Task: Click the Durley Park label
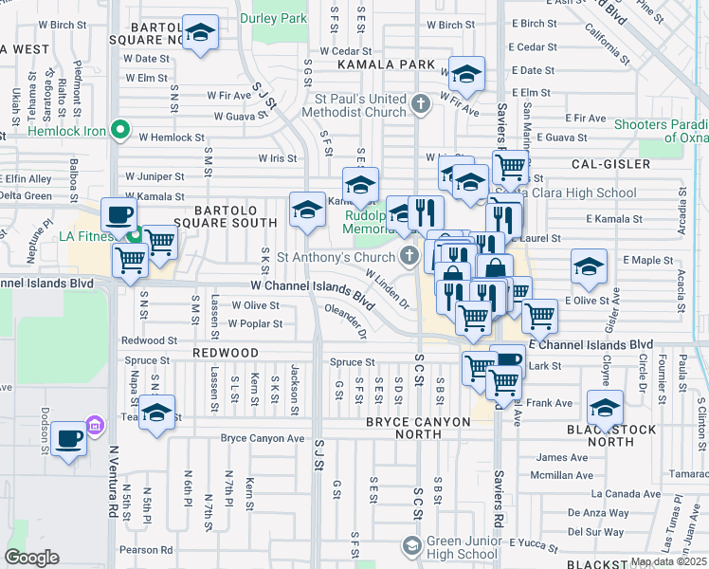tap(273, 18)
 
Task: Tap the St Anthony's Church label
tap(335, 257)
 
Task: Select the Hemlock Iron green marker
tap(120, 130)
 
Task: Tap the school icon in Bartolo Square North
tap(200, 34)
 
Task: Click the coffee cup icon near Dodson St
tap(69, 437)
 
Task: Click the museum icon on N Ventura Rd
tap(95, 427)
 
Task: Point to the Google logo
tap(32, 558)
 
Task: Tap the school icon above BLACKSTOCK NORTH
tap(605, 409)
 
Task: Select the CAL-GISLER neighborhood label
tap(611, 164)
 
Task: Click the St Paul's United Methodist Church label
tap(361, 105)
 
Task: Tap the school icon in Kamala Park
tap(466, 74)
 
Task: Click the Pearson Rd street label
tap(146, 549)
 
